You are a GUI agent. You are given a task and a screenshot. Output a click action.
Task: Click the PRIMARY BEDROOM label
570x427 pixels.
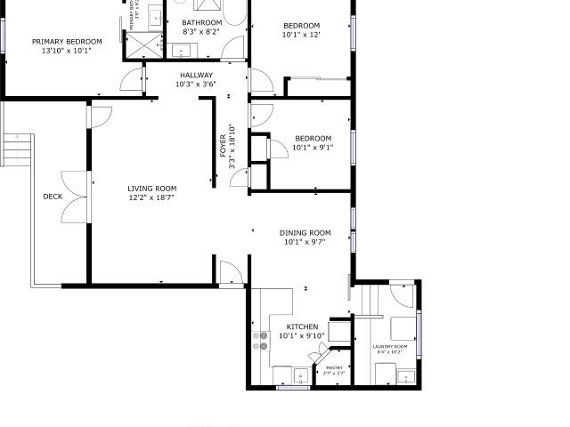[x=67, y=41]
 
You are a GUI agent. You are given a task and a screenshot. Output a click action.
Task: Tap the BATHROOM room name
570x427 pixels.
[x=201, y=22]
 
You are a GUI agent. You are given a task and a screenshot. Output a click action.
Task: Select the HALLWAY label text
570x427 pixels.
[x=197, y=75]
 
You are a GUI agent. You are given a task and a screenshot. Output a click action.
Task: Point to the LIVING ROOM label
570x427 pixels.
[x=152, y=189]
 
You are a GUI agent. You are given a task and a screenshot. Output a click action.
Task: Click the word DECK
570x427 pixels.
[x=53, y=197]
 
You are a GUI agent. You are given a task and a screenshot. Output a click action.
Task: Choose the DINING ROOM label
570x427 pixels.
[x=305, y=233]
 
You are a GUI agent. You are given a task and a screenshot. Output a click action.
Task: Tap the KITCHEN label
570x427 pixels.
[x=301, y=326]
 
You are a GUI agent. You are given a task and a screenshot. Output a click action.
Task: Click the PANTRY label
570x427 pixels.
[x=334, y=367]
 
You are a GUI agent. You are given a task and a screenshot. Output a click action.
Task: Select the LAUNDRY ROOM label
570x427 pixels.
[x=390, y=346]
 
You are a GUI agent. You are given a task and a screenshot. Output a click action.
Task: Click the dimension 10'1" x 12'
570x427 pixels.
[x=301, y=36]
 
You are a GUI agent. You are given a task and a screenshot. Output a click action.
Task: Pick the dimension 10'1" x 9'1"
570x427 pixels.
[x=313, y=148]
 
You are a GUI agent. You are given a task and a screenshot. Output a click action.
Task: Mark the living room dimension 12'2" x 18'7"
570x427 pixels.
[x=151, y=197]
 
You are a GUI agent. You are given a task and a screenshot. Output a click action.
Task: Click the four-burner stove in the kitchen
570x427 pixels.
[x=262, y=338]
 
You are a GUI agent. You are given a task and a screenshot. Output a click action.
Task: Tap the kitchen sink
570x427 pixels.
[x=302, y=374]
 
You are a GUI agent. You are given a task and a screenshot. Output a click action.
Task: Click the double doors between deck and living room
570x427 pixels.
[x=75, y=196]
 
